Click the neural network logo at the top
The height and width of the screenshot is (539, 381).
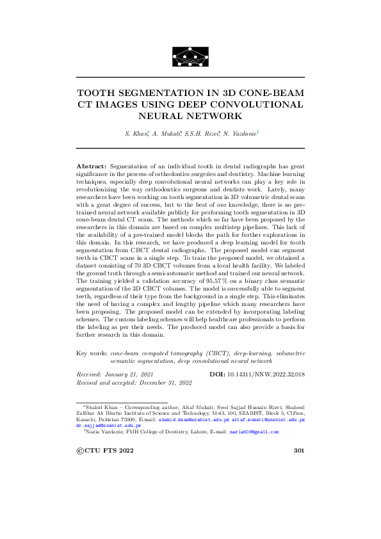pyautogui.click(x=190, y=56)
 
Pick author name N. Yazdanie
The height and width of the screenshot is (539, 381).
pyautogui.click(x=239, y=133)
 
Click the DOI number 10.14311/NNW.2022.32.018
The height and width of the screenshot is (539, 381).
pyautogui.click(x=268, y=373)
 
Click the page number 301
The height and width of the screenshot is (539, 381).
pyautogui.click(x=298, y=451)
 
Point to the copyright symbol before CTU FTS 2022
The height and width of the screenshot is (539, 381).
pyautogui.click(x=80, y=451)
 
